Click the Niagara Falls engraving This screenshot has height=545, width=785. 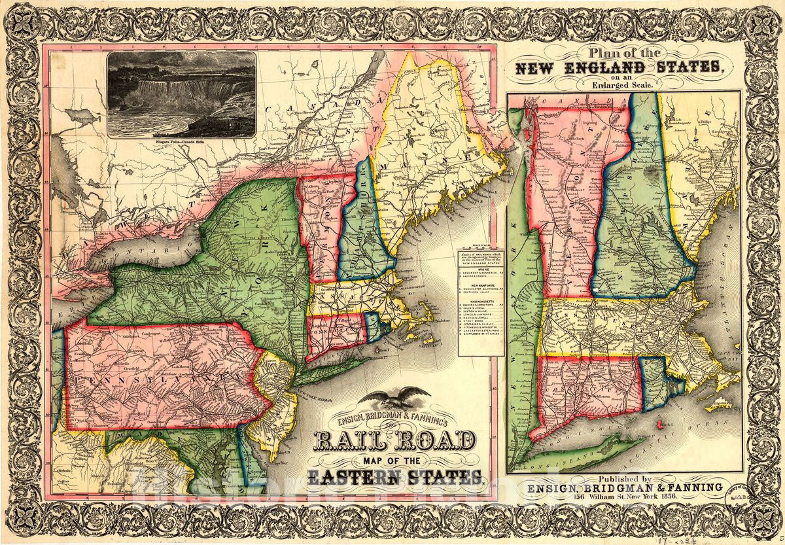tap(181, 94)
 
